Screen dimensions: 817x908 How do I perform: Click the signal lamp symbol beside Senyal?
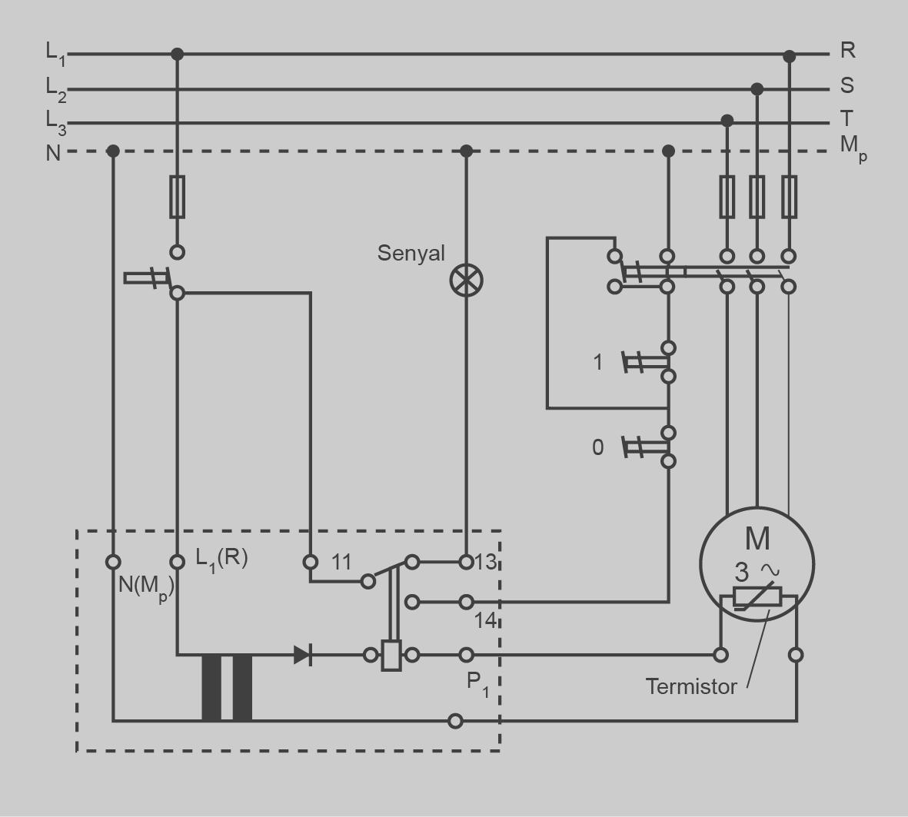(x=466, y=280)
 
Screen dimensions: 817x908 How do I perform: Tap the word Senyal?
(x=411, y=253)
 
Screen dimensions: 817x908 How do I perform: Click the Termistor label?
(x=690, y=686)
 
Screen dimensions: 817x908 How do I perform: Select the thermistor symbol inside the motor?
(x=757, y=597)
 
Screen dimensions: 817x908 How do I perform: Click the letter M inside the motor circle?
(x=757, y=538)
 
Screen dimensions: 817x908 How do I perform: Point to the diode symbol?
(x=303, y=655)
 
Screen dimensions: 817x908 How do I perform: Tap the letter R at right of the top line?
(x=847, y=51)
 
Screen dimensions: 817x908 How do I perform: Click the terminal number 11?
(x=341, y=562)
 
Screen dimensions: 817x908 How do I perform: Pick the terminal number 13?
(x=486, y=562)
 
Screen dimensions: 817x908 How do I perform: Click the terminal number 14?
(x=484, y=619)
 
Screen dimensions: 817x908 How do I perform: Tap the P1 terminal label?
(x=477, y=682)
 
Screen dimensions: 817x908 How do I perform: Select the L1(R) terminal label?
(x=221, y=558)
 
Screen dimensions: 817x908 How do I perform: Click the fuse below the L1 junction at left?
(x=177, y=197)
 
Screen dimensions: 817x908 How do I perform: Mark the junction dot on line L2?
(x=757, y=89)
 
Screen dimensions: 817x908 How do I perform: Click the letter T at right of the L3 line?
(x=846, y=118)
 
